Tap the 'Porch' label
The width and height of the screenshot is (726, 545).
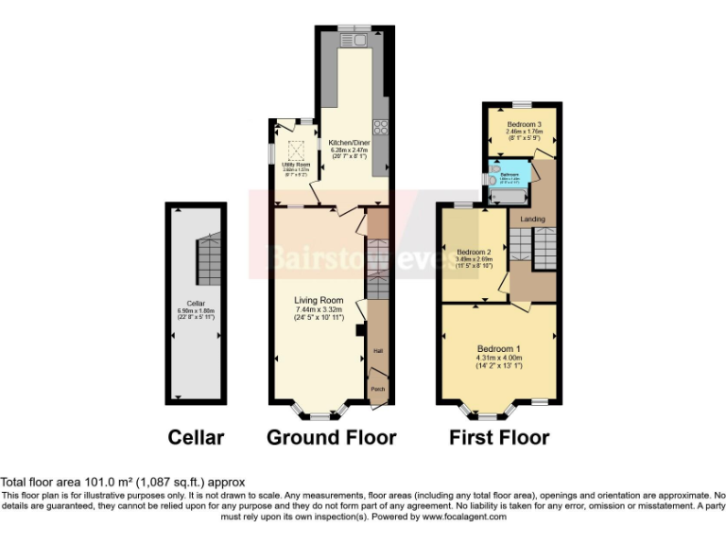click(x=377, y=389)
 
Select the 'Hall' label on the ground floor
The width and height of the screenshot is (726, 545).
click(x=377, y=350)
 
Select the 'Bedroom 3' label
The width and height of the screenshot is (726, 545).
click(x=523, y=125)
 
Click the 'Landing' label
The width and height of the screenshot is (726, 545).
click(x=532, y=220)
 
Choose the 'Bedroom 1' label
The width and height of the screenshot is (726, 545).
click(x=498, y=348)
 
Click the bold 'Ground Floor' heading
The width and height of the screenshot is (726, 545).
click(x=331, y=437)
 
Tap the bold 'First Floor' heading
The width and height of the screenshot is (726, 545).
click(x=499, y=437)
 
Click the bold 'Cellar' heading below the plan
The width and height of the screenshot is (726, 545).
click(x=196, y=437)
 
